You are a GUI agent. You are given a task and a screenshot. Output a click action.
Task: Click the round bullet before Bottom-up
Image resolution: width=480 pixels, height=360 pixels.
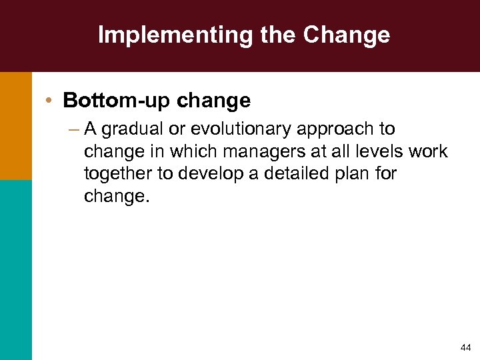coord(50,101)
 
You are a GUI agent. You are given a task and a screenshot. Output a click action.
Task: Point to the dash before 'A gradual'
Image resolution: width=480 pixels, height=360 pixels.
coord(73,129)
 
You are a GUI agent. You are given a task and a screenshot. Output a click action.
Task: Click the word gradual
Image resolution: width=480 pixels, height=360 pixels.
coord(133,129)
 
